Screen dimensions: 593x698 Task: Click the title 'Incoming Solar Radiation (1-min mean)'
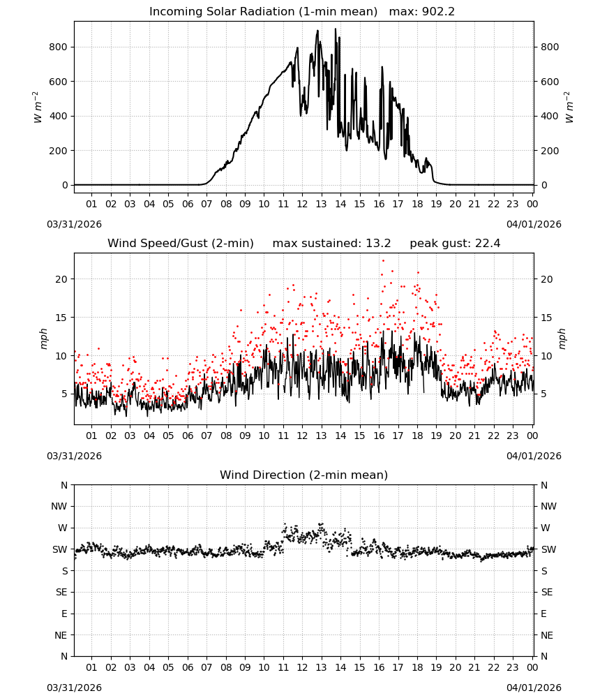pos(263,12)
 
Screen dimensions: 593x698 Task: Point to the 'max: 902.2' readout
pos(422,12)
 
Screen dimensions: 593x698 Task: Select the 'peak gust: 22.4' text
pos(455,244)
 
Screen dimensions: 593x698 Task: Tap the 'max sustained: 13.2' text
pos(332,244)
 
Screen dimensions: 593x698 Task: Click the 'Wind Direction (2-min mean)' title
pos(304,475)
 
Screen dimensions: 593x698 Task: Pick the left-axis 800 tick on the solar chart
pos(59,47)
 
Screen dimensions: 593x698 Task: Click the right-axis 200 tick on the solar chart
pos(550,151)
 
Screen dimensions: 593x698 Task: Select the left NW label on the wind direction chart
pos(59,506)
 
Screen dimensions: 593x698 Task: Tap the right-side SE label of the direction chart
pos(547,592)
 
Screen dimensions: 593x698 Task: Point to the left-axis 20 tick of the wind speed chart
pos(62,279)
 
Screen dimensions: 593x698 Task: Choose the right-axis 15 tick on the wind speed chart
pos(547,318)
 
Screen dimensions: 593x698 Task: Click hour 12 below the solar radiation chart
pos(302,204)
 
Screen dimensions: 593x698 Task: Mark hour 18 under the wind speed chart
pos(417,436)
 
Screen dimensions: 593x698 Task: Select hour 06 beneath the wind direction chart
pos(187,667)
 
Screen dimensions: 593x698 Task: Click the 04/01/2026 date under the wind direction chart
pos(534,688)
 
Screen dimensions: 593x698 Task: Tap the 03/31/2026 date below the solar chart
pos(74,224)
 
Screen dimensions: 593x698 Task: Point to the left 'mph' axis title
pos(43,339)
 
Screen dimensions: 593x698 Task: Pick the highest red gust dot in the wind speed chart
pos(383,261)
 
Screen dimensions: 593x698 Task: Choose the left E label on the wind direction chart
pos(64,614)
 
